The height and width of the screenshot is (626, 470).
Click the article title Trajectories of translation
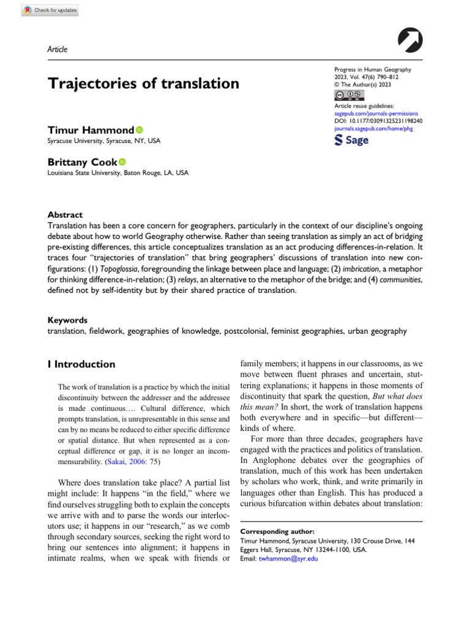pyautogui.click(x=143, y=84)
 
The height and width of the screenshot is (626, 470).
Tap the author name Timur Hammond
pyautogui.click(x=91, y=130)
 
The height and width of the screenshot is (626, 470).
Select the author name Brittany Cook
pyautogui.click(x=82, y=162)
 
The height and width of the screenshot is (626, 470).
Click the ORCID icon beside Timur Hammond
pyautogui.click(x=139, y=130)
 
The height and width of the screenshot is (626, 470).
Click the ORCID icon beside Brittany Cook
pyautogui.click(x=122, y=162)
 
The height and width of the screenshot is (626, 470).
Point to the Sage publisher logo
pyautogui.click(x=352, y=141)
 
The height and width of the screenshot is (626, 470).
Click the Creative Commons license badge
pyautogui.click(x=349, y=95)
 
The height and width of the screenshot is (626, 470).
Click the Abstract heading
pyautogui.click(x=65, y=215)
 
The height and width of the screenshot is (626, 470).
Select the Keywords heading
pyautogui.click(x=67, y=320)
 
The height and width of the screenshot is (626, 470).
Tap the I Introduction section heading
pyautogui.click(x=81, y=364)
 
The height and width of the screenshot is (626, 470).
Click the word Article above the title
pyautogui.click(x=58, y=50)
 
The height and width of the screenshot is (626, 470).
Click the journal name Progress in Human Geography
pyautogui.click(x=372, y=70)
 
